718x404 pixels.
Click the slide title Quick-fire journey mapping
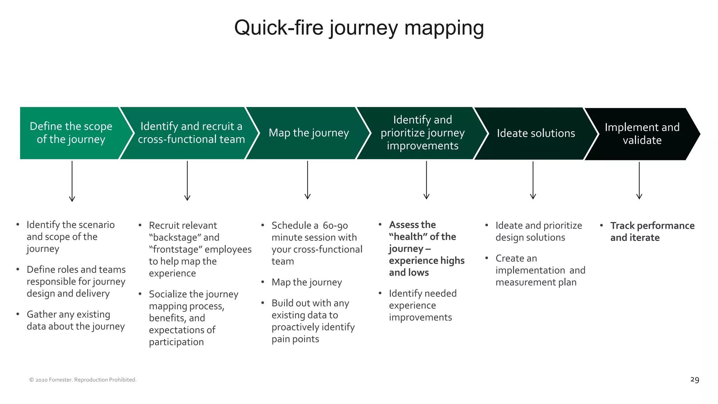click(x=359, y=28)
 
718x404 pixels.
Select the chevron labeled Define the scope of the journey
click(x=71, y=133)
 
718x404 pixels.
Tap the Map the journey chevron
click(x=309, y=133)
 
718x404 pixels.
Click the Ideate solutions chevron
click(x=536, y=133)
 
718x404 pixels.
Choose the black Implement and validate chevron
click(x=642, y=134)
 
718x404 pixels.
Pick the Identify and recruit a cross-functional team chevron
click(x=191, y=133)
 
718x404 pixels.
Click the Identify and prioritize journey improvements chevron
click(x=422, y=133)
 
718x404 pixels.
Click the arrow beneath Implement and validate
click(x=639, y=180)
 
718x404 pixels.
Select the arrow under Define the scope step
click(x=72, y=181)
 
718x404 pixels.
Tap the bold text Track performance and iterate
click(x=652, y=231)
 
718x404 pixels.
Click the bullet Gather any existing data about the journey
click(x=75, y=320)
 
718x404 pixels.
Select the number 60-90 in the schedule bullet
click(x=335, y=225)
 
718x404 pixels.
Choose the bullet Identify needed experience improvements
click(x=422, y=305)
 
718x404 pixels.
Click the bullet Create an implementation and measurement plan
click(x=540, y=270)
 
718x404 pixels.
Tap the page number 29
click(x=695, y=379)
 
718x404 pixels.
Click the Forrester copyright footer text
click(x=83, y=380)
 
